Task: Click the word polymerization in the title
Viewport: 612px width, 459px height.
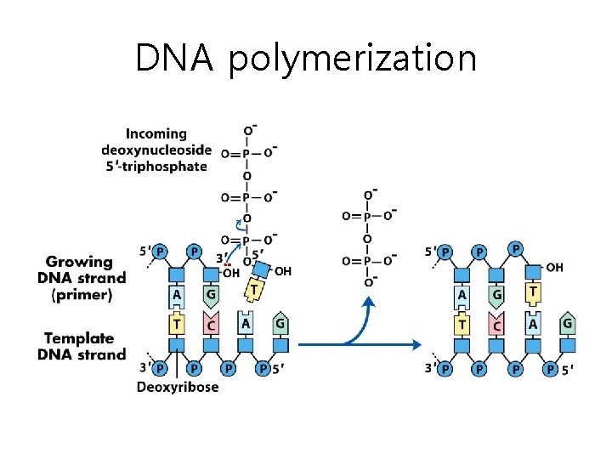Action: [352, 59]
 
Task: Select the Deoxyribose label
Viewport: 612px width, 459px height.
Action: [178, 387]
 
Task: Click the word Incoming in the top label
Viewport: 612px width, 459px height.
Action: [156, 133]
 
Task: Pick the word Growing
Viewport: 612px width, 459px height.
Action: [79, 262]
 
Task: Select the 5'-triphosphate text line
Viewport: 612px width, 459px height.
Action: [156, 166]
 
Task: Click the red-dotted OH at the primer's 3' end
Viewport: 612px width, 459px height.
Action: [230, 272]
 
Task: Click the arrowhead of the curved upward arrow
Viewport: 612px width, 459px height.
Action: [368, 302]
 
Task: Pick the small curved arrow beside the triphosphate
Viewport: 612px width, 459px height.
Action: [240, 224]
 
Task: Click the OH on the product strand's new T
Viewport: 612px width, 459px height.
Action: [554, 267]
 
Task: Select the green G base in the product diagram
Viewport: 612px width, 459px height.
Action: [567, 324]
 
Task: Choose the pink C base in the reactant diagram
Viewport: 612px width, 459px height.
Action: [210, 326]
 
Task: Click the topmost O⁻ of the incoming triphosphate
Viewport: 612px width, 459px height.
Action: [249, 131]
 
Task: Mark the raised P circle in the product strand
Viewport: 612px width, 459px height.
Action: [516, 247]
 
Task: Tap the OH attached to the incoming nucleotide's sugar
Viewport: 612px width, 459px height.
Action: [283, 271]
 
